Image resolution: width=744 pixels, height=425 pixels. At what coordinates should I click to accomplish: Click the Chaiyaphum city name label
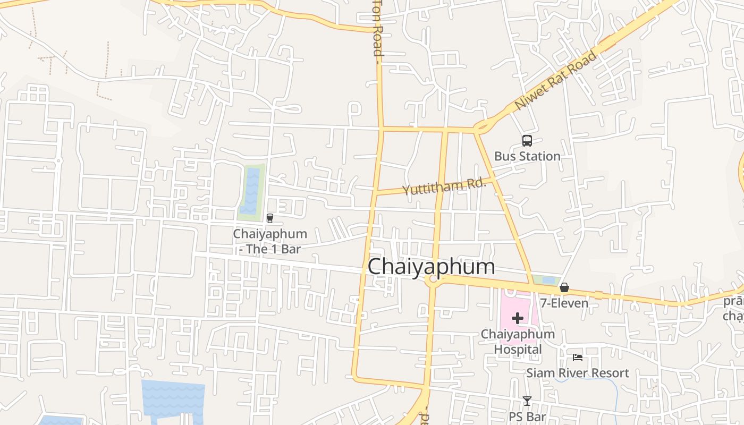[x=431, y=266]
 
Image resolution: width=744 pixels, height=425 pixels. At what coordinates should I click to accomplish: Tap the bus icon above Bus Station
[x=527, y=141]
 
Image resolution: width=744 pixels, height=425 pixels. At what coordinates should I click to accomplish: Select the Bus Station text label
[x=527, y=156]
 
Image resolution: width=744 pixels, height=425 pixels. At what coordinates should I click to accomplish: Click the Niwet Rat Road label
[x=555, y=81]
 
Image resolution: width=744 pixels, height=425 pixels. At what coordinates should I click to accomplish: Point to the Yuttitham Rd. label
[x=444, y=186]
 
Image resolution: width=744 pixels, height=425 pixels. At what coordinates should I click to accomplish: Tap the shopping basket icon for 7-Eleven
[x=564, y=287]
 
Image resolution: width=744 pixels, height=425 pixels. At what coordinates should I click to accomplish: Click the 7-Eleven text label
[x=564, y=303]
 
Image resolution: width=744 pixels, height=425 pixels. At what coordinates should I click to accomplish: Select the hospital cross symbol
[x=517, y=318]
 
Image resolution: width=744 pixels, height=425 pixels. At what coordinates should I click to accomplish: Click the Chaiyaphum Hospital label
[x=518, y=342]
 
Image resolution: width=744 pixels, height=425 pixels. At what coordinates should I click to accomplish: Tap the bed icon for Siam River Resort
[x=578, y=358]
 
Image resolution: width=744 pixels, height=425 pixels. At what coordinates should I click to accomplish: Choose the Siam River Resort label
[x=578, y=373]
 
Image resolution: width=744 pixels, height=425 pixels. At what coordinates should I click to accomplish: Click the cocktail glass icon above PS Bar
[x=527, y=401]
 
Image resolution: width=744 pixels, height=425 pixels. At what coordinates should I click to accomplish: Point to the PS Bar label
[x=527, y=416]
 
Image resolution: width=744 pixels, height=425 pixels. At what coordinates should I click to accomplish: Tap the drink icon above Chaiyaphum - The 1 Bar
[x=269, y=218]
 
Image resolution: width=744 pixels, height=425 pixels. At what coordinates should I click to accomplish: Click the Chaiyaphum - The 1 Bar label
[x=269, y=241]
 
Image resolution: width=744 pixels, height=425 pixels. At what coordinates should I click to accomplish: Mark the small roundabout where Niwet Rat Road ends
[x=481, y=127]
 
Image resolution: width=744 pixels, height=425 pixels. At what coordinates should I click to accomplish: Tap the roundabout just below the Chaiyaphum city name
[x=433, y=283]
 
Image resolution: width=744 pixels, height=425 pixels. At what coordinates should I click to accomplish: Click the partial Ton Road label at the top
[x=377, y=29]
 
